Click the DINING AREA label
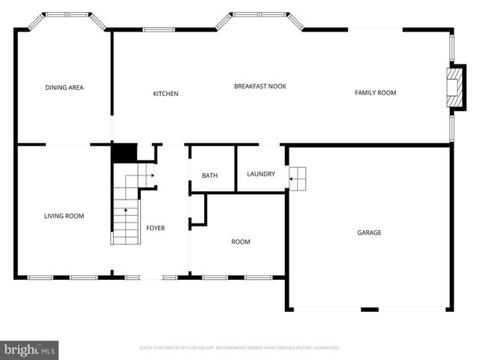tap(64, 88)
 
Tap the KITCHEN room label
tap(166, 94)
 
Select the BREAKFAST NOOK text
tap(259, 86)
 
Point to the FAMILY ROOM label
tap(375, 93)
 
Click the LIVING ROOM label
tap(64, 216)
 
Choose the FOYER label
tap(155, 228)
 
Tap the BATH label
tap(209, 175)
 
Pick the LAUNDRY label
tap(261, 174)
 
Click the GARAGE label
tap(369, 232)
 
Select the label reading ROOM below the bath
tap(240, 241)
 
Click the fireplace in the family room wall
tap(452, 89)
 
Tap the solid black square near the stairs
tap(124, 152)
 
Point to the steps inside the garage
tap(298, 178)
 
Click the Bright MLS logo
tap(30, 349)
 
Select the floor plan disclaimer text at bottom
tap(240, 348)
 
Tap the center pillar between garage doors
tap(370, 309)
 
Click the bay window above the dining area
tap(65, 14)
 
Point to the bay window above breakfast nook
tap(259, 14)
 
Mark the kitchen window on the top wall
tap(159, 30)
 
